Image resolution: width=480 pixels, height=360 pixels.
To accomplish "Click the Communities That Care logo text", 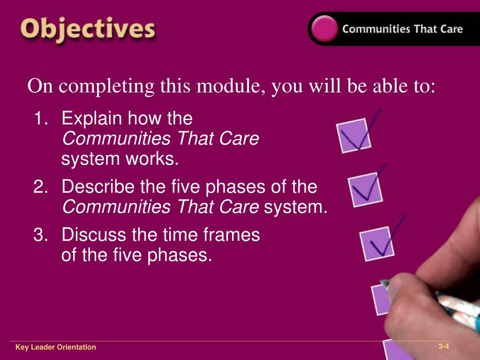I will pos(402,29).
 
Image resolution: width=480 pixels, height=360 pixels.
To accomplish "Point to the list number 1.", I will pos(41,119).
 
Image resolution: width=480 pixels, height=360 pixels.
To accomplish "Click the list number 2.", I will pos(41,187).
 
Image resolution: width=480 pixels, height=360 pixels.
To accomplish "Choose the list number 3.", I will pos(41,234).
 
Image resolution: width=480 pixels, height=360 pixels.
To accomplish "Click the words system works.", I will pos(120,159).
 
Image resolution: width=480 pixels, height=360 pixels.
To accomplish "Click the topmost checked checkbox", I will pos(354,135).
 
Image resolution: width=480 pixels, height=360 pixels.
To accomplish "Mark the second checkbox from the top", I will pos(365,189).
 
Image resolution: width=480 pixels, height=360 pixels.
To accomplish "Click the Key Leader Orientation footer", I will pos(55,347).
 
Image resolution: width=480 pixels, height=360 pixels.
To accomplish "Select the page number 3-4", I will pos(443,347).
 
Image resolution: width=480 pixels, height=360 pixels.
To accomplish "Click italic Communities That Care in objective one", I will pos(160,139).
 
